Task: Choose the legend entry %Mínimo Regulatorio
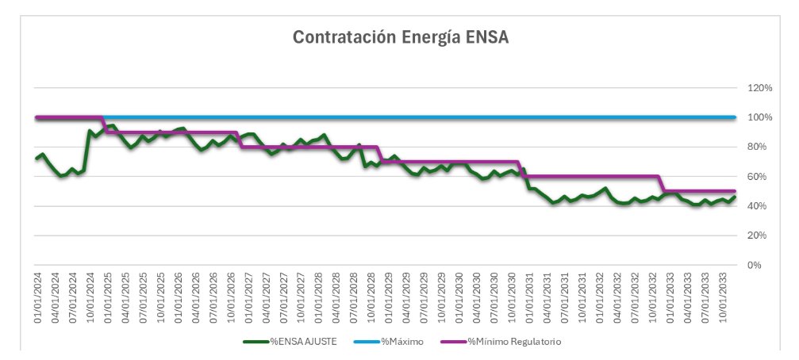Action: point(515,342)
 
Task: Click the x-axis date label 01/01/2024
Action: point(37,298)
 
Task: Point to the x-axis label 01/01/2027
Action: point(248,298)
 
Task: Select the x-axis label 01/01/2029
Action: point(389,298)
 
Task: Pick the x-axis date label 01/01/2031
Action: point(529,298)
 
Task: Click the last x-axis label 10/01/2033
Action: point(723,298)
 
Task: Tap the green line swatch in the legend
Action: point(255,342)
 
